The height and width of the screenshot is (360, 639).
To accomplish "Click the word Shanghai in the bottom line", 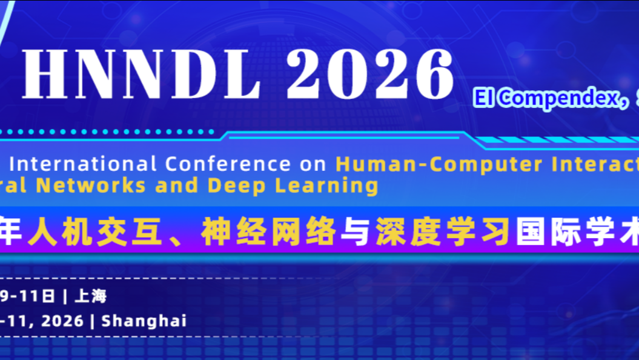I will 144,321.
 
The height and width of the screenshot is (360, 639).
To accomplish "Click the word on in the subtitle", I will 312,164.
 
